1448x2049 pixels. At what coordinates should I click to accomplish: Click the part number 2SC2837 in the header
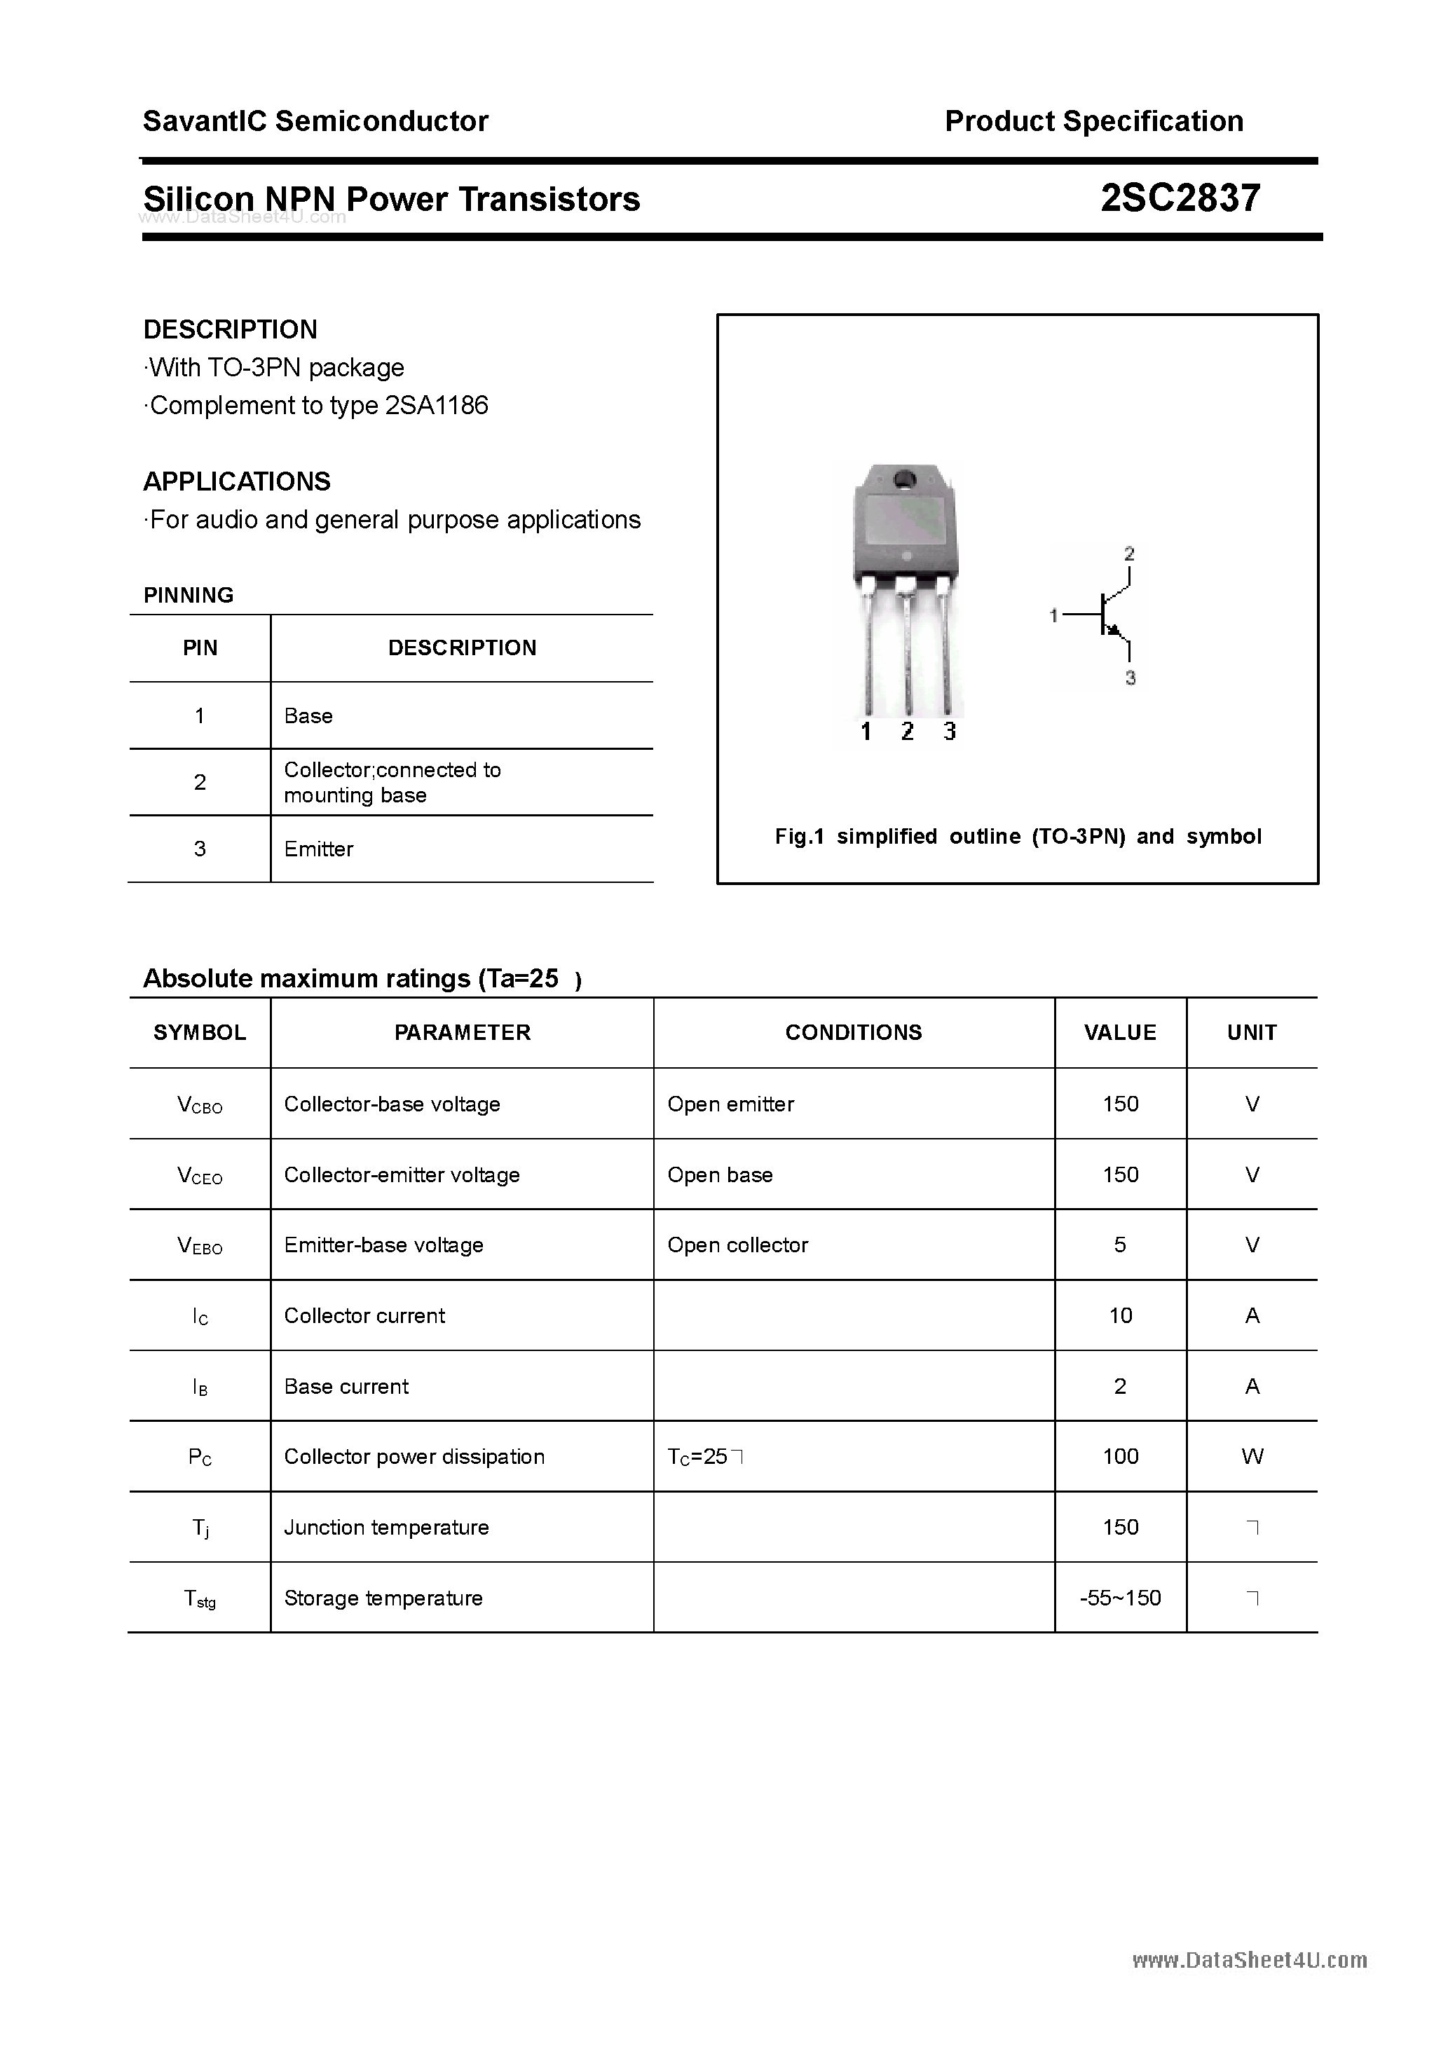(1180, 198)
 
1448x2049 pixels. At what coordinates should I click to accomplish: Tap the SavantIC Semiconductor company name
(315, 121)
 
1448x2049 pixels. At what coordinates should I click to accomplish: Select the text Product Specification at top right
(1093, 121)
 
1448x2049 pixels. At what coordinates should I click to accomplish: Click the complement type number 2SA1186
(437, 406)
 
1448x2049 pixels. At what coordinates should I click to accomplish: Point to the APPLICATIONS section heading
(237, 482)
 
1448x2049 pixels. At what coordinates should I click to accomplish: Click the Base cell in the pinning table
(308, 715)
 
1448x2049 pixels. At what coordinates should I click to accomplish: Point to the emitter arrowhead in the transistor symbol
(1112, 630)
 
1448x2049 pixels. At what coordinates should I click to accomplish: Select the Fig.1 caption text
(1018, 836)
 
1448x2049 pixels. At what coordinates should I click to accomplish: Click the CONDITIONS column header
(854, 1032)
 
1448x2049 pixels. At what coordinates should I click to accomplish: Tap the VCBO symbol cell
(200, 1105)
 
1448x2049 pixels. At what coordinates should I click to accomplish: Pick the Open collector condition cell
(737, 1245)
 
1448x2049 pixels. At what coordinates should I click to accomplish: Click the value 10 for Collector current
(1121, 1315)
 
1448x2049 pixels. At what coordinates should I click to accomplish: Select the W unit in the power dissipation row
(1252, 1456)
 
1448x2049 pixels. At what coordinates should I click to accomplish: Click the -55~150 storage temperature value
(1121, 1598)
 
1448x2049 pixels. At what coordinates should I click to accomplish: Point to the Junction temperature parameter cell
(387, 1527)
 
